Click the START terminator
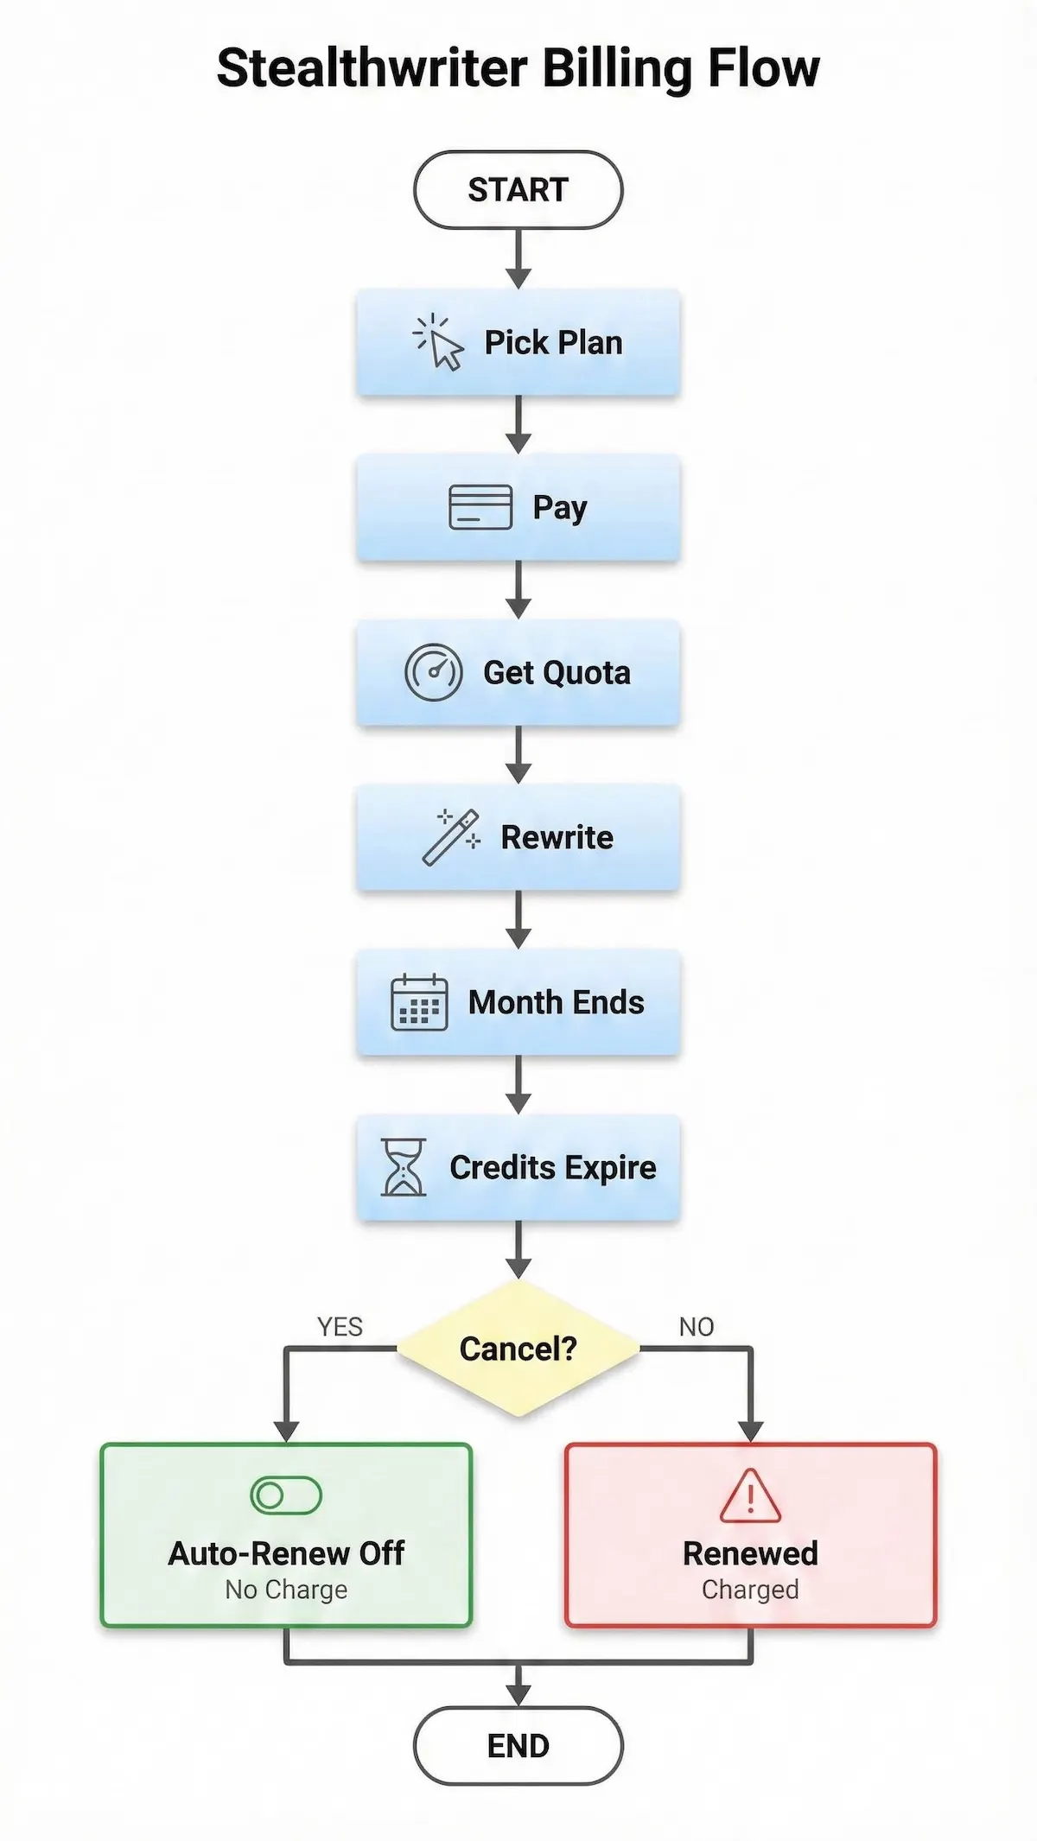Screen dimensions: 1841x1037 click(518, 190)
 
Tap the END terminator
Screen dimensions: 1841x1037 click(518, 1746)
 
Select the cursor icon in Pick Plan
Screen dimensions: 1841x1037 click(439, 343)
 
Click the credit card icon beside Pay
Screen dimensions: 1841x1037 click(480, 507)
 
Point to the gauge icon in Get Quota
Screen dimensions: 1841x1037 click(433, 672)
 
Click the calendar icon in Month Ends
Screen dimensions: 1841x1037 click(419, 1002)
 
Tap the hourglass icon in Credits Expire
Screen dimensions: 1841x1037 click(404, 1167)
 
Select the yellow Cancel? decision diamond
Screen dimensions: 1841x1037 click(518, 1349)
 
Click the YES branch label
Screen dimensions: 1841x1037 click(340, 1327)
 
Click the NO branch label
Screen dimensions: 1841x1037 click(697, 1327)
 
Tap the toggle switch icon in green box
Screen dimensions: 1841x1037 click(286, 1495)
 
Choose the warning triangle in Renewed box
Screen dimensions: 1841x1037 click(750, 1495)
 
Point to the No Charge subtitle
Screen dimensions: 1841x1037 click(286, 1590)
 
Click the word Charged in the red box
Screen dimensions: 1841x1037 click(750, 1590)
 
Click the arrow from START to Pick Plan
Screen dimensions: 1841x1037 click(518, 257)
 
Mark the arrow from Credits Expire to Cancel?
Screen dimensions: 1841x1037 click(518, 1248)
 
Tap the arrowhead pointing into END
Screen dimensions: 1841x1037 click(518, 1695)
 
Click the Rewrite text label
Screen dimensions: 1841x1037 click(557, 837)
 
